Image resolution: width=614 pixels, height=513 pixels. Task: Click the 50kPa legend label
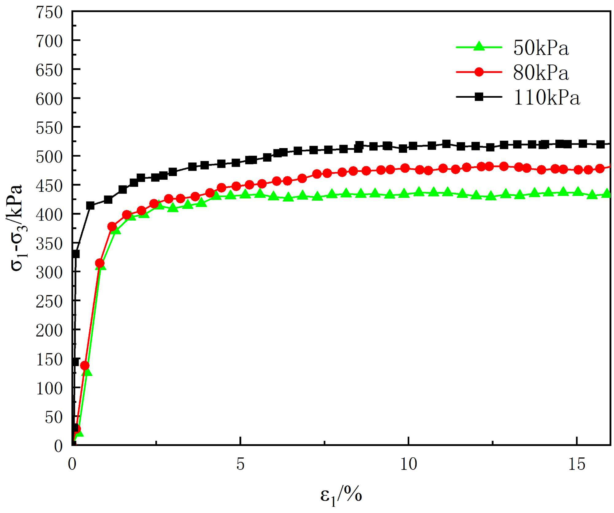coord(541,48)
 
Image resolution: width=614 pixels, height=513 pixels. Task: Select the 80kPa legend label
coord(541,73)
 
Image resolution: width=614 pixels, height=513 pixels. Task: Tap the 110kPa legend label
coord(546,98)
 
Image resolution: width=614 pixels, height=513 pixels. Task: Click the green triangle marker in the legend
coord(479,46)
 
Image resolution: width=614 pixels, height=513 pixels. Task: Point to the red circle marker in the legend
coord(479,72)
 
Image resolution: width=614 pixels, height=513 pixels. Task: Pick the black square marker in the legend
coord(479,97)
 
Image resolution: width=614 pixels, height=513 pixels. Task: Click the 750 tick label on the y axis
coord(49,13)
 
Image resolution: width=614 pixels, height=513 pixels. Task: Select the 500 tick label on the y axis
coord(49,157)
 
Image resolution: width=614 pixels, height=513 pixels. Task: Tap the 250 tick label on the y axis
coord(49,301)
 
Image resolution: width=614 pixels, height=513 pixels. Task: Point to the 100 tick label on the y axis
coord(49,388)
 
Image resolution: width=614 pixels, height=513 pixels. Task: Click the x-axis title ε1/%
coord(341,495)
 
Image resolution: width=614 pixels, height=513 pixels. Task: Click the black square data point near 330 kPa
coord(75,254)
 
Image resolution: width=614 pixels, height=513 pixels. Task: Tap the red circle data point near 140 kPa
coord(85,366)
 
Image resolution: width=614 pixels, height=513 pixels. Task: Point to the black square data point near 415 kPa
coord(90,206)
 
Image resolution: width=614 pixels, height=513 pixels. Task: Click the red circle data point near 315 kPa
coord(100,263)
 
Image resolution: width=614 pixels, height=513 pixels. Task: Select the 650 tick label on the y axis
coord(49,70)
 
